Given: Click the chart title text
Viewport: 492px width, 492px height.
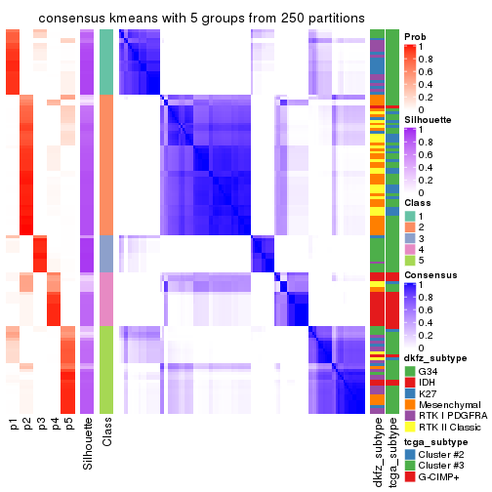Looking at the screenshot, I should pos(188,20).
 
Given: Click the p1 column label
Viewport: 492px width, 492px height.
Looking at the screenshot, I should pos(14,425).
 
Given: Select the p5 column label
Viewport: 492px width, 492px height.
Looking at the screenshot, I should pos(68,425).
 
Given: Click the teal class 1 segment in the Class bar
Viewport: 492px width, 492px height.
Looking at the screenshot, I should pos(106,61).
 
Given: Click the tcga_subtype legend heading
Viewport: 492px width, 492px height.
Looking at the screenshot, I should pos(434,442).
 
